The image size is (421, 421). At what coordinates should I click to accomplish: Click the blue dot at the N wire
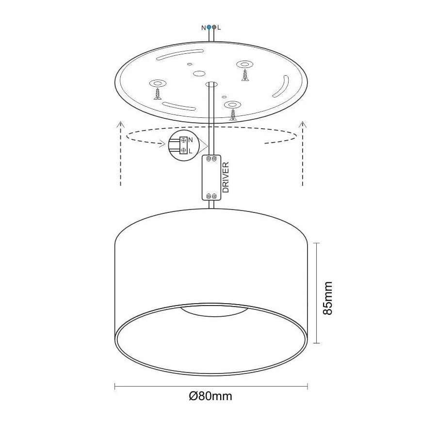click(209, 27)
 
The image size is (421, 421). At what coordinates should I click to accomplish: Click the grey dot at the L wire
click(214, 27)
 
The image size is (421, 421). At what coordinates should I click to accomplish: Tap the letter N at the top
click(203, 28)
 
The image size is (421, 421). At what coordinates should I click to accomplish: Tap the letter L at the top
click(219, 28)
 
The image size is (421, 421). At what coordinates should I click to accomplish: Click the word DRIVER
click(226, 178)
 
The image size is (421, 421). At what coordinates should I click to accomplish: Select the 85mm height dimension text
click(328, 298)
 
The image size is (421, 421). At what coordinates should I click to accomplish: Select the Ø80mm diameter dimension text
click(210, 396)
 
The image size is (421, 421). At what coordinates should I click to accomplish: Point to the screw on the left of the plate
click(158, 93)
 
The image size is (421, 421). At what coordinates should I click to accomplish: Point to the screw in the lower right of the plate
click(234, 114)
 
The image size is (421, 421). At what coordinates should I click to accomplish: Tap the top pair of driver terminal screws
click(211, 159)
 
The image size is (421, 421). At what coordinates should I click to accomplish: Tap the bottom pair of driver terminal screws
click(211, 196)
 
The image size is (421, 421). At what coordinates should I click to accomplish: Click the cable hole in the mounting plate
click(211, 84)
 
